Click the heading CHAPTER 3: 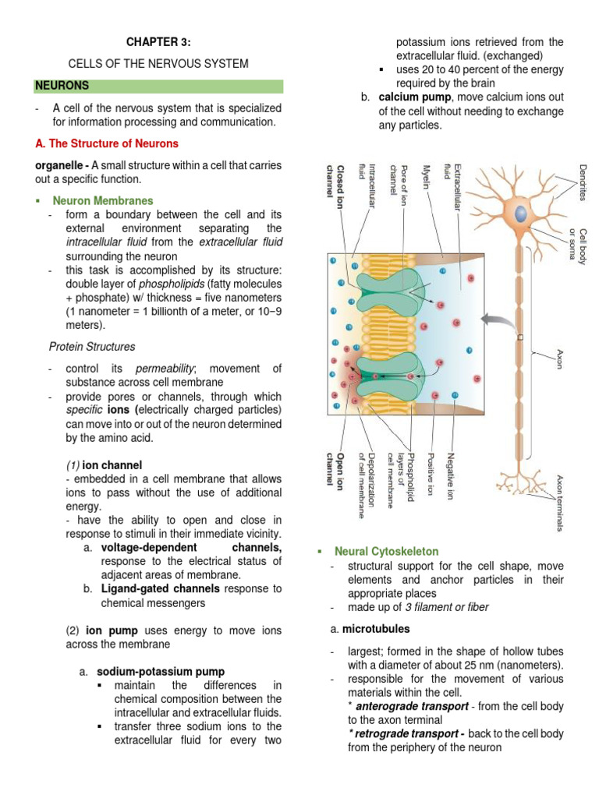(159, 41)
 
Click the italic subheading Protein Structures (92, 346)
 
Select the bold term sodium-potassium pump (161, 671)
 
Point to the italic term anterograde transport (406, 706)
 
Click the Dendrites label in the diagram (582, 182)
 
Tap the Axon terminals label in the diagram (560, 503)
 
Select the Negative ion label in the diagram (451, 475)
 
